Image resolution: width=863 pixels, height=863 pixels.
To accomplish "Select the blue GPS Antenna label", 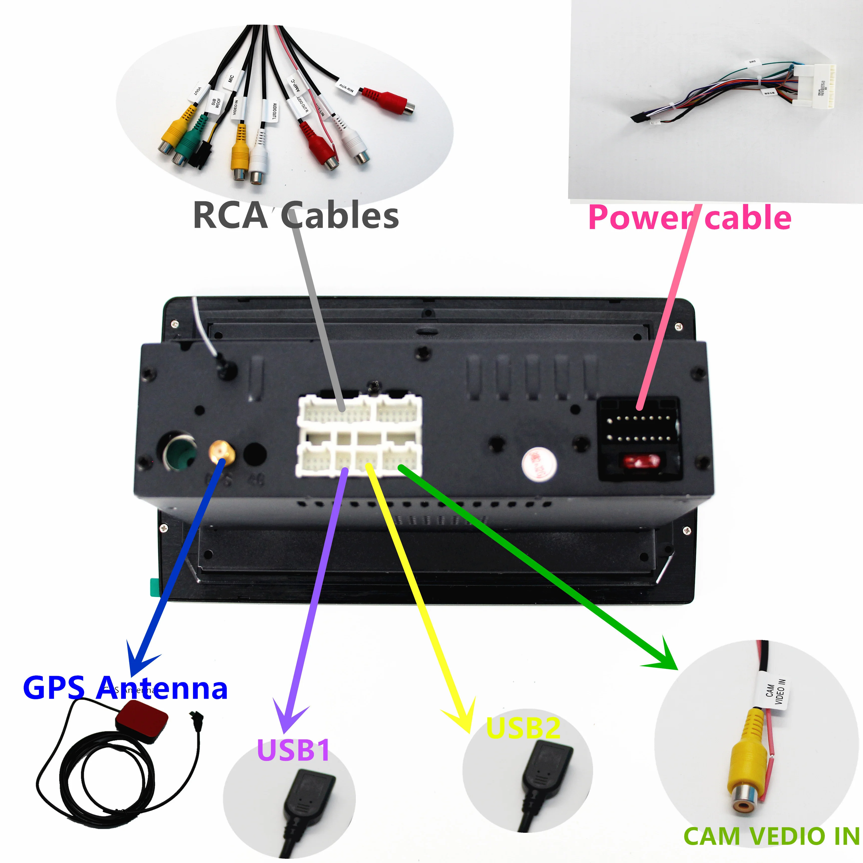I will click(x=125, y=688).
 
